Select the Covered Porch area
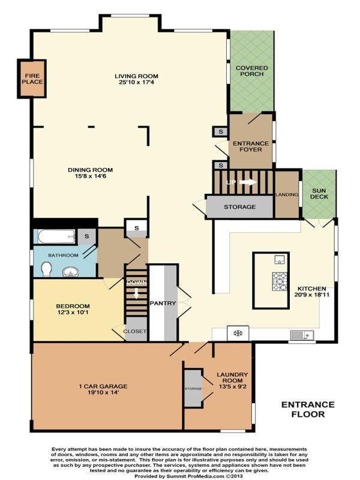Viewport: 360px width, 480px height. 252,71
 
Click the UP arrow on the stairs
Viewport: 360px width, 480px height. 245,182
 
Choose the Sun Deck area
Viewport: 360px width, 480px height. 318,193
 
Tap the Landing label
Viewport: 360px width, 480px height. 287,194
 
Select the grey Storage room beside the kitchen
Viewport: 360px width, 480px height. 239,207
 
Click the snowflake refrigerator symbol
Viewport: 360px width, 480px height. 237,333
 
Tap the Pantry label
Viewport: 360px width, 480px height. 163,303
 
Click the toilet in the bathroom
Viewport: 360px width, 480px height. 45,269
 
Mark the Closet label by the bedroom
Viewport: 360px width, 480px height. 135,331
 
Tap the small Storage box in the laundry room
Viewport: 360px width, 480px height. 193,388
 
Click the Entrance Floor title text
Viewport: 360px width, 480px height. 303,409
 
